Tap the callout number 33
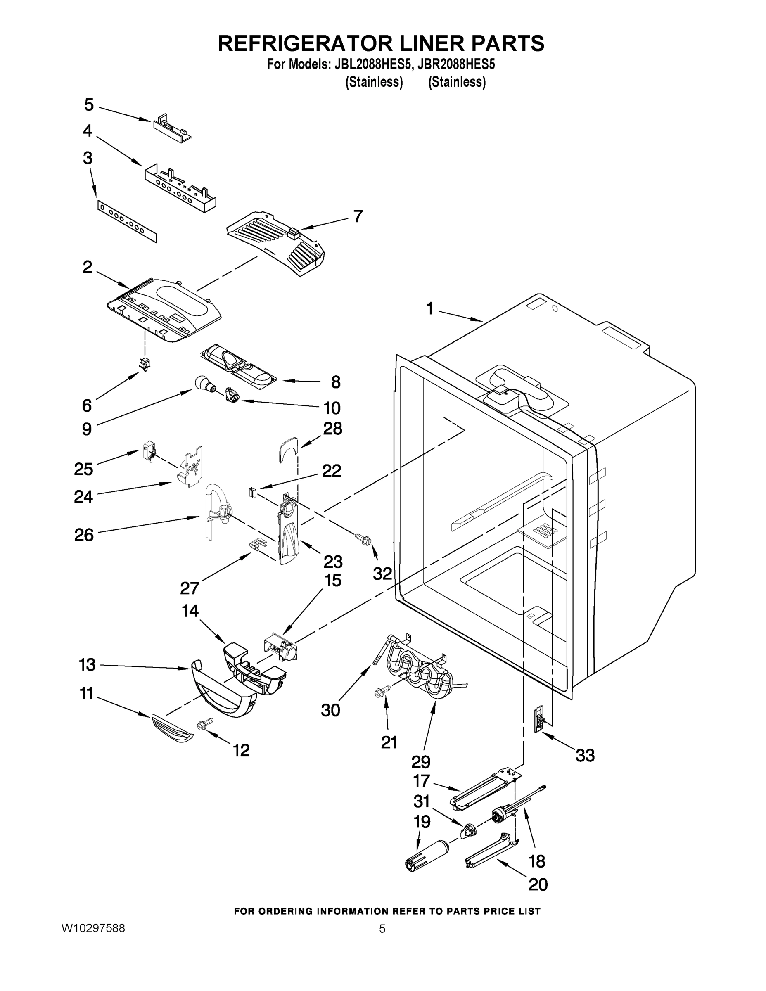pos(585,756)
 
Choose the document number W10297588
pos(93,928)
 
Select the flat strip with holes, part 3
pos(127,222)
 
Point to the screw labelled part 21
pos(379,692)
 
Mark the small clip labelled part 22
pos(253,492)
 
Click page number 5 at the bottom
pos(382,928)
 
